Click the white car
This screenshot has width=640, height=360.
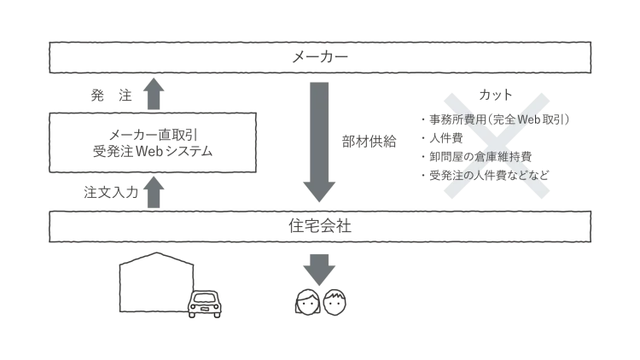[205, 304]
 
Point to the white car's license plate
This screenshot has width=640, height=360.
[205, 311]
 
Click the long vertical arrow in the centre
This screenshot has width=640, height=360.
[320, 141]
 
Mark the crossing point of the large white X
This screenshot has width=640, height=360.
[495, 145]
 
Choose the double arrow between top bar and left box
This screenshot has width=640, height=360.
[153, 92]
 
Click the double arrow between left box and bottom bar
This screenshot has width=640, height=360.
[153, 193]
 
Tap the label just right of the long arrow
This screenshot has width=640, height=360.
[369, 140]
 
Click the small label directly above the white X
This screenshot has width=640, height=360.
[495, 96]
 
